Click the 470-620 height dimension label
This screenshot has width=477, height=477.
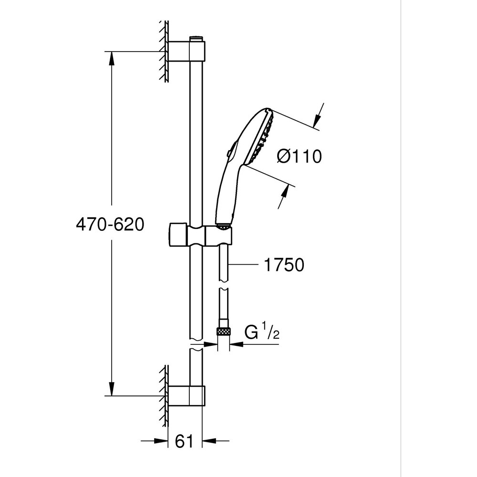pos(110,224)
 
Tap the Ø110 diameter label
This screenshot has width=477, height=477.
pos(299,156)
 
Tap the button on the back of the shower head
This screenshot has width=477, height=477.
pos(230,152)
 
